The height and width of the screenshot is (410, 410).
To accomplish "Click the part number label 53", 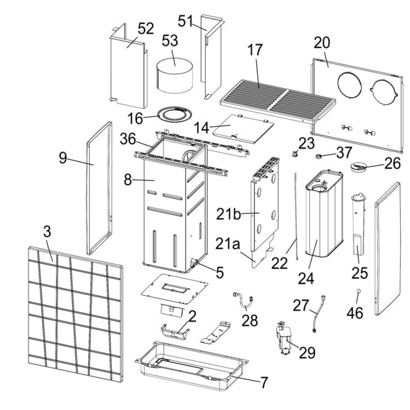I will point(170,41).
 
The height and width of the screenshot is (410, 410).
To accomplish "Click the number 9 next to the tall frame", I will point(62,158).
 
